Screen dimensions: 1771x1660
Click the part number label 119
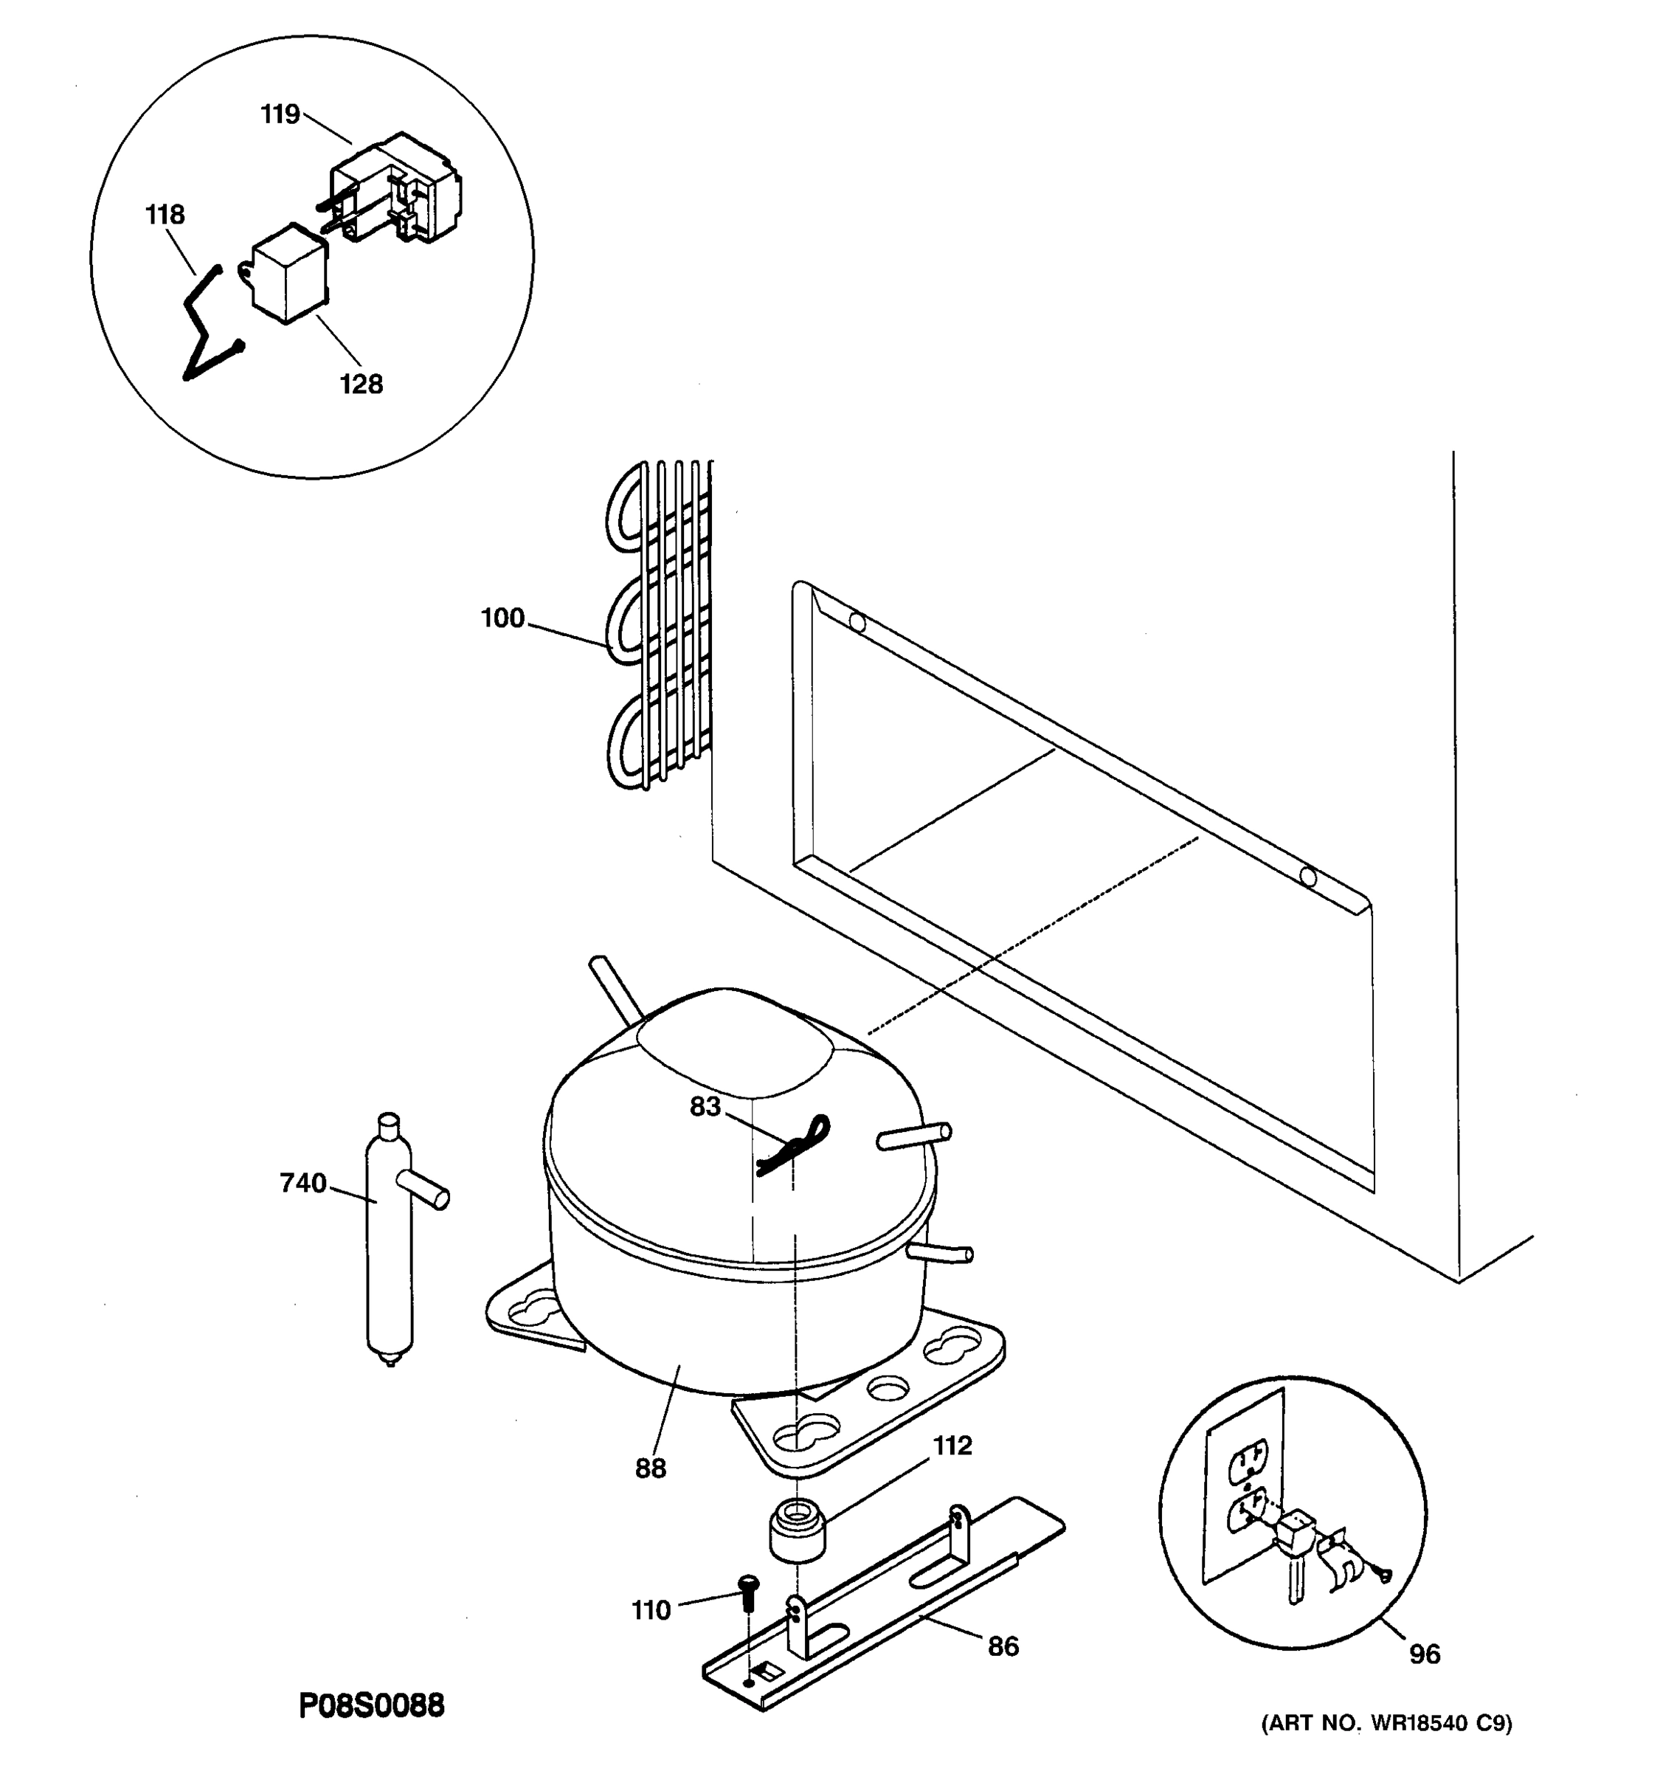tap(280, 115)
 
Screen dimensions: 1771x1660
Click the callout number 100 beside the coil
tap(502, 618)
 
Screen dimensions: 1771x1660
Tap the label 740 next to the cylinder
tap(302, 1183)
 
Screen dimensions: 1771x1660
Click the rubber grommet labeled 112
tap(797, 1529)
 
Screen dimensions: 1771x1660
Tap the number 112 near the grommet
tap(952, 1445)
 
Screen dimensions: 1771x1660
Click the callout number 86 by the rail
tap(1003, 1646)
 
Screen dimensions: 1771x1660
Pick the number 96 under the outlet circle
tap(1424, 1654)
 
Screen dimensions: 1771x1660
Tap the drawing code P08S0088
tap(370, 1706)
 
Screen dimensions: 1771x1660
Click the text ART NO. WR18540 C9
tap(1386, 1724)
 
